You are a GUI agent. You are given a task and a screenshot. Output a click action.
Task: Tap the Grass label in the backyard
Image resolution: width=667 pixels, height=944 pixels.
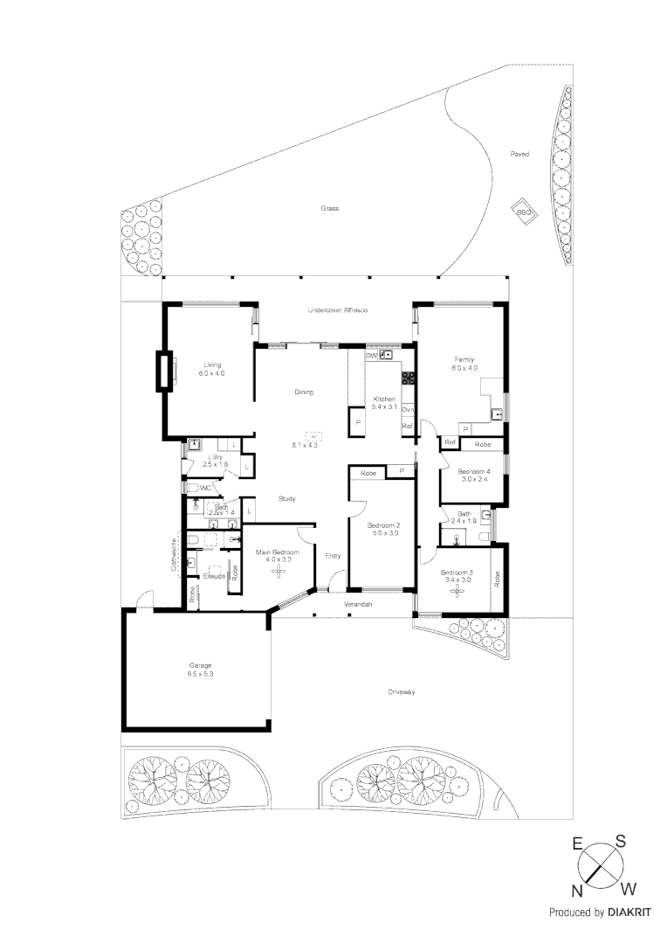pos(329,209)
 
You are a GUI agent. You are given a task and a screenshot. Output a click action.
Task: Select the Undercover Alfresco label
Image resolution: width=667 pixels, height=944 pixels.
pos(337,310)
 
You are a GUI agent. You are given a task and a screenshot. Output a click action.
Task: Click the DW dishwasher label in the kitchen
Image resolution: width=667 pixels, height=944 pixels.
pos(371,356)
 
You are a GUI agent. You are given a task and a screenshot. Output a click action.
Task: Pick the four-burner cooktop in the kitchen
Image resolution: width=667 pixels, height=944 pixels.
pos(408,378)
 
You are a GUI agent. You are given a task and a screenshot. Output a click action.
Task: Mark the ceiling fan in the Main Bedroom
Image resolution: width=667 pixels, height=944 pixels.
pos(278,571)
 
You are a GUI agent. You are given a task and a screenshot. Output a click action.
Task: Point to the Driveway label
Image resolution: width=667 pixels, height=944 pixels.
pos(401,691)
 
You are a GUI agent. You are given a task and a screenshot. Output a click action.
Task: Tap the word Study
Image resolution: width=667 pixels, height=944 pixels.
pos(286,499)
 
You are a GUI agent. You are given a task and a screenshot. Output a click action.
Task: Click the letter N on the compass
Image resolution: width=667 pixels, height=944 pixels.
pos(577,891)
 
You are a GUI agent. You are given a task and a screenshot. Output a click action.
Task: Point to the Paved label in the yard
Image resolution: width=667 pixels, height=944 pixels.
pos(519,154)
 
